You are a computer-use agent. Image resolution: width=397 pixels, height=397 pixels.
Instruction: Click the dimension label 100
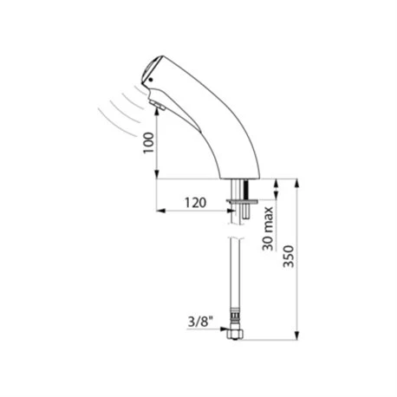click(148, 143)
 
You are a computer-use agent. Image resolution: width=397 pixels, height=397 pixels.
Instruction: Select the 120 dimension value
click(196, 203)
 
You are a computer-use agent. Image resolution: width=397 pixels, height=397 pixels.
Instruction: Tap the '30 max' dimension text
click(268, 229)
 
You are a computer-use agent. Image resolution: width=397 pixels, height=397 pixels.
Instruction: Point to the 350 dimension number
click(288, 257)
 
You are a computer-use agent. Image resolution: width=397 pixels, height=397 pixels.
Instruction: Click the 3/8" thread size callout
click(202, 322)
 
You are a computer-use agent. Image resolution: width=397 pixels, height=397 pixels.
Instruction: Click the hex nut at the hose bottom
click(236, 335)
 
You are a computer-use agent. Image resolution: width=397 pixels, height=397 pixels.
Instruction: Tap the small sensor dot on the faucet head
click(150, 80)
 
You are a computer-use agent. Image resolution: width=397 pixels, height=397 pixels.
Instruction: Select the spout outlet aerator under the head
click(157, 105)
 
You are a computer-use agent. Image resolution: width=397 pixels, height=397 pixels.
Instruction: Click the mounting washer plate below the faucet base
click(242, 201)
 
